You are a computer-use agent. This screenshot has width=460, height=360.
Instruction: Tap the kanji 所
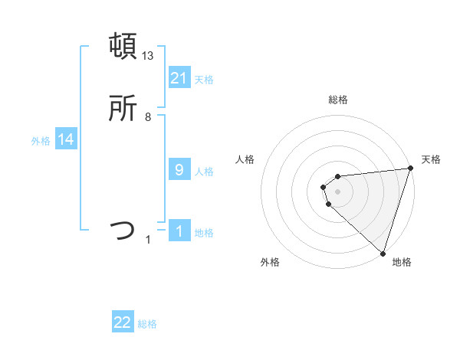(123, 110)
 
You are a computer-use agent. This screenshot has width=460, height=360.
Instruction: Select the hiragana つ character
(123, 230)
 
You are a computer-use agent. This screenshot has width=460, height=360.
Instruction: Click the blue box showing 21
(179, 78)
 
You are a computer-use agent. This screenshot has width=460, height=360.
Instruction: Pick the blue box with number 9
(179, 170)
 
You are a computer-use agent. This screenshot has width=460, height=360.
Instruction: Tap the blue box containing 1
(179, 231)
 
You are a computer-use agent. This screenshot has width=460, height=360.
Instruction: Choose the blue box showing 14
(66, 140)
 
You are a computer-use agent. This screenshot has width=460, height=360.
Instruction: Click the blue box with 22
(123, 323)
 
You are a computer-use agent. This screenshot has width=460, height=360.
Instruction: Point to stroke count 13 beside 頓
(148, 56)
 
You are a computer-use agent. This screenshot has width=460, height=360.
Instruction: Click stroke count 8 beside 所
(148, 117)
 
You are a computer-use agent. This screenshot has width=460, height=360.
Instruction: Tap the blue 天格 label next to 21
(204, 79)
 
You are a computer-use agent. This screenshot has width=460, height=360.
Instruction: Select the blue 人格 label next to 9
(204, 171)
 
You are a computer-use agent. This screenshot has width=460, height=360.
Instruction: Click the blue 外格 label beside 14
(41, 141)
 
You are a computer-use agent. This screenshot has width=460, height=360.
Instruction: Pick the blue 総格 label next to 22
(147, 324)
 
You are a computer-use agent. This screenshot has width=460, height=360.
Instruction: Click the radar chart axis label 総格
(337, 100)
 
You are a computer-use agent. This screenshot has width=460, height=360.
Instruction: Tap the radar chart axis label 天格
(431, 159)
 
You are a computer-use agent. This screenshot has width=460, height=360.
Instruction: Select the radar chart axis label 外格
(270, 262)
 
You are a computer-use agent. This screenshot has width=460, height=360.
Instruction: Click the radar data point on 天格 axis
(409, 169)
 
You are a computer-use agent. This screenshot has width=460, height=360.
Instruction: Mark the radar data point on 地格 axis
(383, 254)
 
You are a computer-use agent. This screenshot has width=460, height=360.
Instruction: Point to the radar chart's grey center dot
(337, 191)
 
